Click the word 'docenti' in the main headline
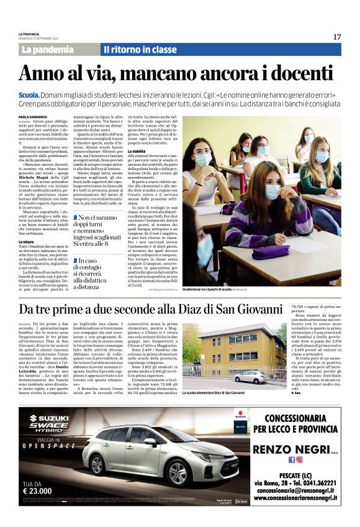coord(299,73)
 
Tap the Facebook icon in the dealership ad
coord(292,460)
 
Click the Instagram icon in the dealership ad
coord(299,460)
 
